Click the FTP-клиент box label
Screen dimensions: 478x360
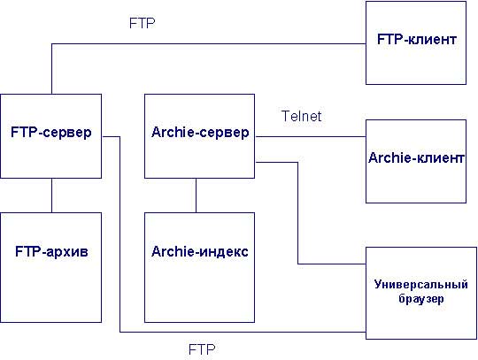click(417, 39)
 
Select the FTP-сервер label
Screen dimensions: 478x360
click(51, 132)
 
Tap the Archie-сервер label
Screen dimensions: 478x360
click(200, 132)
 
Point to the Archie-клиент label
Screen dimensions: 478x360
click(416, 157)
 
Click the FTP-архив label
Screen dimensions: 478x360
click(51, 251)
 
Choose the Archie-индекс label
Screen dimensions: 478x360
click(200, 251)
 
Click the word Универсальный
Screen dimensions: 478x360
click(421, 284)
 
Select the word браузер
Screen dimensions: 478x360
click(421, 299)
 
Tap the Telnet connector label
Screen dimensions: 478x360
click(301, 116)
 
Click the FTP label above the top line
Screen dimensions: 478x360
click(142, 23)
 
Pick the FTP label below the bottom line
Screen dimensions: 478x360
click(202, 349)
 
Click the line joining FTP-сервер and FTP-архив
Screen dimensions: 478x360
click(51, 195)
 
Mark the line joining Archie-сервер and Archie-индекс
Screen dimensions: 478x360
click(196, 195)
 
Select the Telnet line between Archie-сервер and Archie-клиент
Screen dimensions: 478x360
click(311, 136)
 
